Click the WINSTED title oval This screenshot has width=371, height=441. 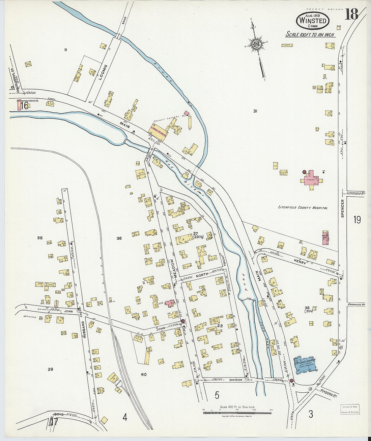click(x=312, y=21)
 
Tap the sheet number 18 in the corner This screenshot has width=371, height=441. click(x=351, y=15)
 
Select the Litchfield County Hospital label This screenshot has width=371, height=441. click(x=303, y=207)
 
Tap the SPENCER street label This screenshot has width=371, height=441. click(x=342, y=208)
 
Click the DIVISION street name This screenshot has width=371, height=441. click(x=235, y=380)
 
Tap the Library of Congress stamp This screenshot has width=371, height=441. click(x=349, y=409)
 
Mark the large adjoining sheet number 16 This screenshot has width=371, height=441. click(x=24, y=106)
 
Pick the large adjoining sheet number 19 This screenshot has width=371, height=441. click(x=357, y=220)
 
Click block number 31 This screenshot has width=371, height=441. click(x=255, y=111)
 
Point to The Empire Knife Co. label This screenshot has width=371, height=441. click(x=27, y=101)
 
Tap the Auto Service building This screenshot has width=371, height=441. click(x=141, y=174)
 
